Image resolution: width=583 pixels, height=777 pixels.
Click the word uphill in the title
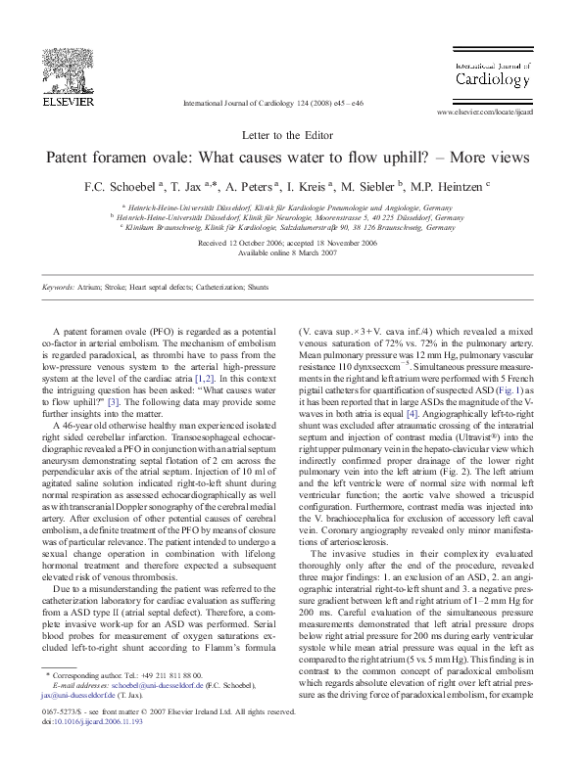(x=405, y=157)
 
